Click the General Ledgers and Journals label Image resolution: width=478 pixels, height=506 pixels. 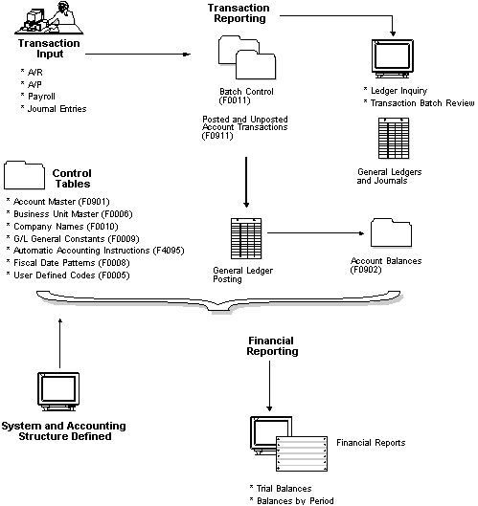point(397,175)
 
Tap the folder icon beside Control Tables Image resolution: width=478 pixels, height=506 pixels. point(26,174)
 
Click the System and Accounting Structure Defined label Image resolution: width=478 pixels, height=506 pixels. point(59,430)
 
